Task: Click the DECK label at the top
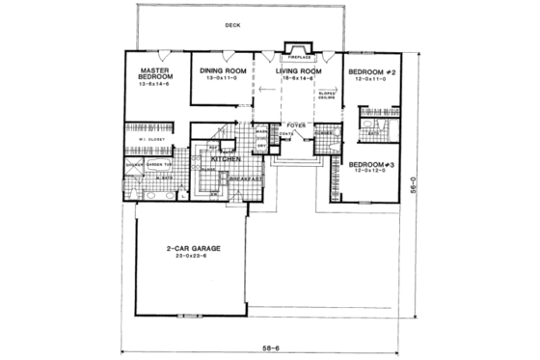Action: pos(232,26)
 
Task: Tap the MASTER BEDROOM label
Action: pos(155,74)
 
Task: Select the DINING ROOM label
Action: pos(224,70)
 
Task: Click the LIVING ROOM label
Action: pos(299,70)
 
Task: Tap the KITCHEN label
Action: pos(225,157)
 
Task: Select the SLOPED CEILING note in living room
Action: pos(326,96)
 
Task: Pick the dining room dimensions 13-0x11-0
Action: pos(224,79)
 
